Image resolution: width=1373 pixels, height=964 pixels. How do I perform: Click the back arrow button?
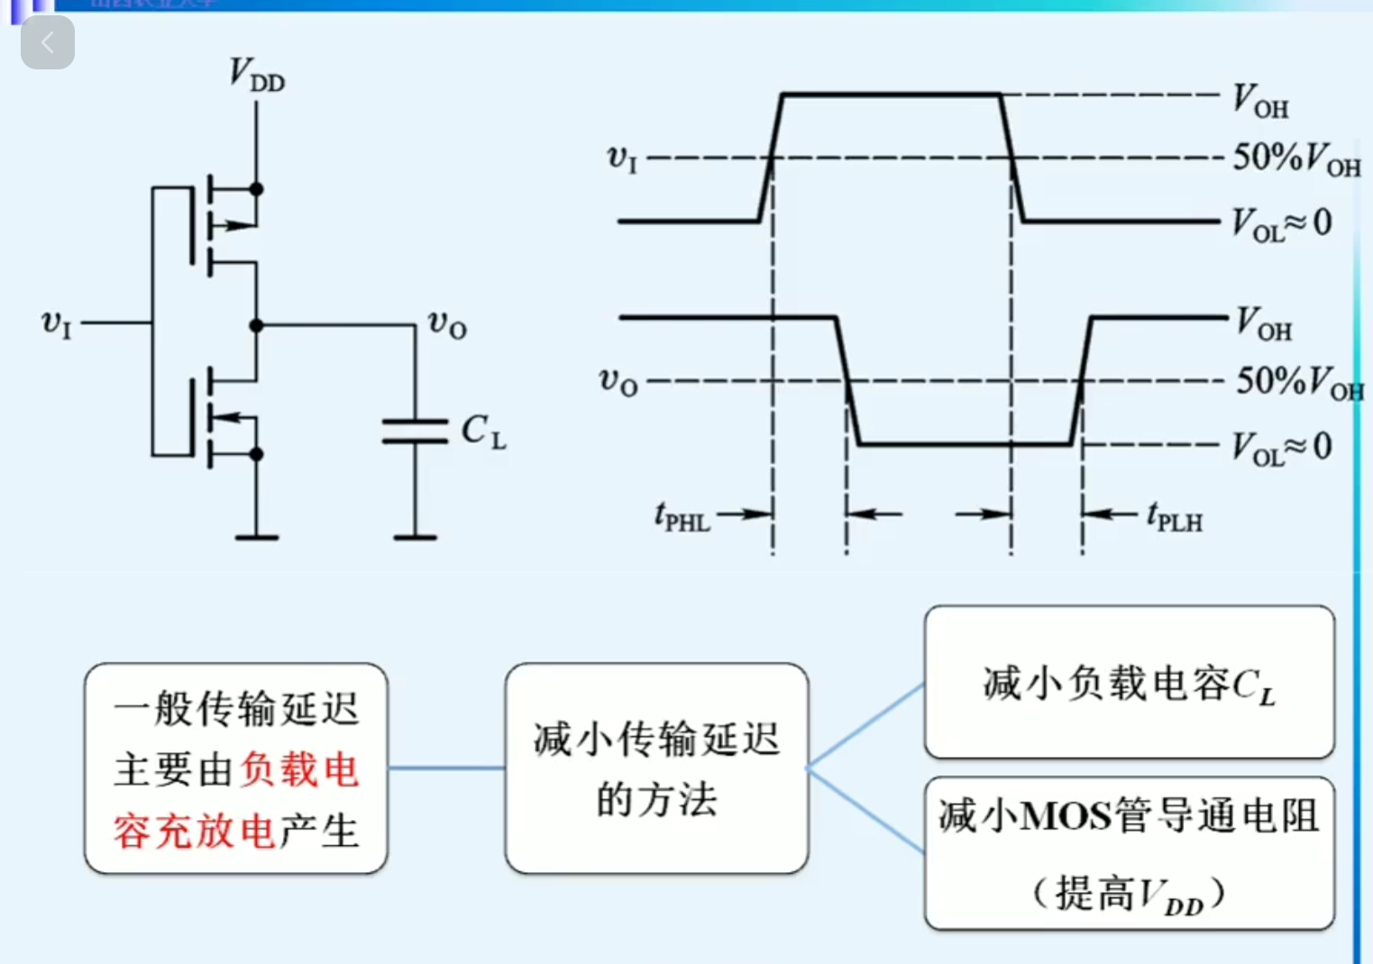[x=47, y=42]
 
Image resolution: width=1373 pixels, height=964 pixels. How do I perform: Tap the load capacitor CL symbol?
[x=415, y=432]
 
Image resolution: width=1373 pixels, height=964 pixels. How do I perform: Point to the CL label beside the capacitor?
[x=483, y=432]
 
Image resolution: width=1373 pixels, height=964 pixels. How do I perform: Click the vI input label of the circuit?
[x=57, y=323]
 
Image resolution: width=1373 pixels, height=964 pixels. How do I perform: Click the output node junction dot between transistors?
[x=256, y=325]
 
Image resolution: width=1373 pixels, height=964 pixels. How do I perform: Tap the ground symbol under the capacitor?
[x=415, y=537]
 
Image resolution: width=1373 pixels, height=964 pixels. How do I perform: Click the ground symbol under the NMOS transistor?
[x=256, y=537]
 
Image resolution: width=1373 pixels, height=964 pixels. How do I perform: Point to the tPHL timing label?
[x=682, y=518]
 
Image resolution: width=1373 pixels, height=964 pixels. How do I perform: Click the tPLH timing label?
[x=1175, y=518]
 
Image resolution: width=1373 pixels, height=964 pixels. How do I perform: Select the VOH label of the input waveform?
[x=1260, y=101]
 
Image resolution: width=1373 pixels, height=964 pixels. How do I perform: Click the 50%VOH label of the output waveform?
[x=1298, y=382]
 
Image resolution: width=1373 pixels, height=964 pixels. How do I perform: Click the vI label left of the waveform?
[x=622, y=159]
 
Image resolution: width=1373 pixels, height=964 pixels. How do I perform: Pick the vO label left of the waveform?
[x=618, y=382]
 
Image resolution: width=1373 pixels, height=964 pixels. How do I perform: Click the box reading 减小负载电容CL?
[x=1129, y=682]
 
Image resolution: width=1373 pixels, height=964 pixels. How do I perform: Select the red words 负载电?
[x=299, y=770]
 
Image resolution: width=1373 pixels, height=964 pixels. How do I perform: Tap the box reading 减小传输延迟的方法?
[x=656, y=768]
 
